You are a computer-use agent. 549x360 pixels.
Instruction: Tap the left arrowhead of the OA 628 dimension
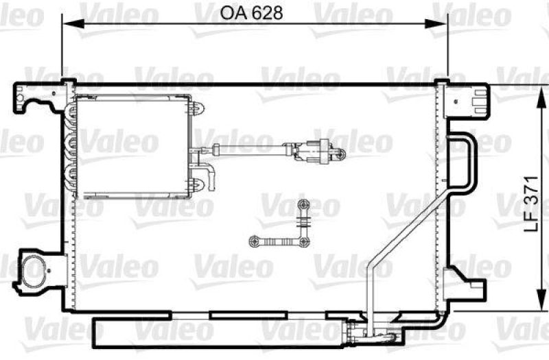click(x=67, y=24)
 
